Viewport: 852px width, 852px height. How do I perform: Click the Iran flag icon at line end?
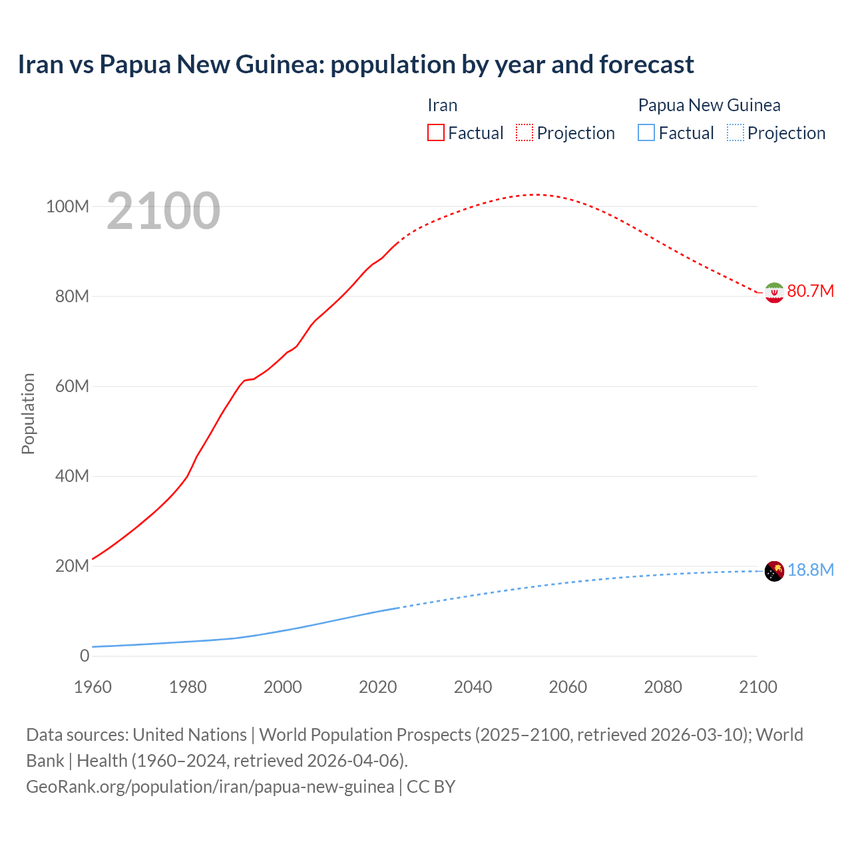(x=774, y=292)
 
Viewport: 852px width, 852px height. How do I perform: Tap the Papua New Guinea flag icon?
(x=774, y=571)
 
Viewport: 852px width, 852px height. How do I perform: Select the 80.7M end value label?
(x=810, y=291)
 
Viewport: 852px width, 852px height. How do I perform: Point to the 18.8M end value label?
(x=810, y=570)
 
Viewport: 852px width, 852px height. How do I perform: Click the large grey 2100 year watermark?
(x=163, y=211)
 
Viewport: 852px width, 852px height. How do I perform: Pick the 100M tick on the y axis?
(x=67, y=206)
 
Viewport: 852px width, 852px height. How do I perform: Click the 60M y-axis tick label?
(x=71, y=386)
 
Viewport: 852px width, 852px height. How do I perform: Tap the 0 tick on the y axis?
(x=84, y=656)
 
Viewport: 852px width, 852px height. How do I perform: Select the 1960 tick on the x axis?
(x=93, y=687)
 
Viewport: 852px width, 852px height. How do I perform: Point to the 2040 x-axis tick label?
(x=473, y=687)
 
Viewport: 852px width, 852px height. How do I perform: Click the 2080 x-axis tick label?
(x=663, y=687)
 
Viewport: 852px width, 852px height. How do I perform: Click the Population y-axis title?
(x=28, y=413)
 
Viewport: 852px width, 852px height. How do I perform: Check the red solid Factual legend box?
(x=435, y=132)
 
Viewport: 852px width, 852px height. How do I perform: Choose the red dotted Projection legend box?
(x=525, y=132)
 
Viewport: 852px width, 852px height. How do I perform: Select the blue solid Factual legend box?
(x=646, y=132)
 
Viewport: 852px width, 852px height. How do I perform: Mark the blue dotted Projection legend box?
(x=736, y=132)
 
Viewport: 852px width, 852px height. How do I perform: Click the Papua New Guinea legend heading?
(x=709, y=105)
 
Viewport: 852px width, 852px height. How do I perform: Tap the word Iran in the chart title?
(x=40, y=65)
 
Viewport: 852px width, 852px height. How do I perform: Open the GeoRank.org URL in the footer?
(x=210, y=786)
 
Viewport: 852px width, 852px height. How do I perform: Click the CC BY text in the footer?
(x=431, y=786)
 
